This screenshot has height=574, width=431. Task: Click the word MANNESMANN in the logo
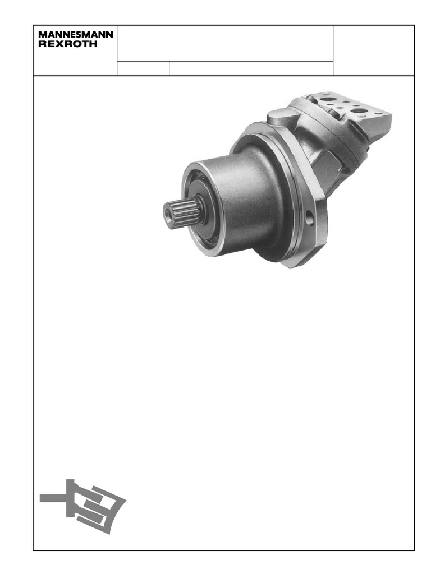click(x=76, y=35)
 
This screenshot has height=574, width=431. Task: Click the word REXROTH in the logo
click(x=68, y=44)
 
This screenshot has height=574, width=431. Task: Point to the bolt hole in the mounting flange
click(x=310, y=218)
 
